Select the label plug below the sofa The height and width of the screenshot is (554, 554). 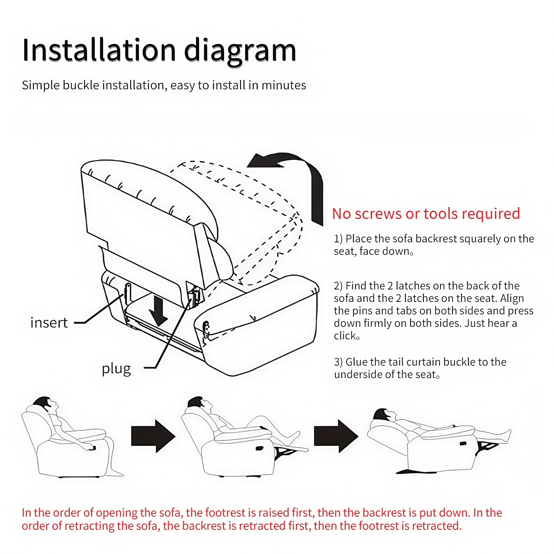coord(116,369)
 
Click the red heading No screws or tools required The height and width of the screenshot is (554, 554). coord(426,214)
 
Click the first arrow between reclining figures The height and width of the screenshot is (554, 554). coord(153,436)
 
